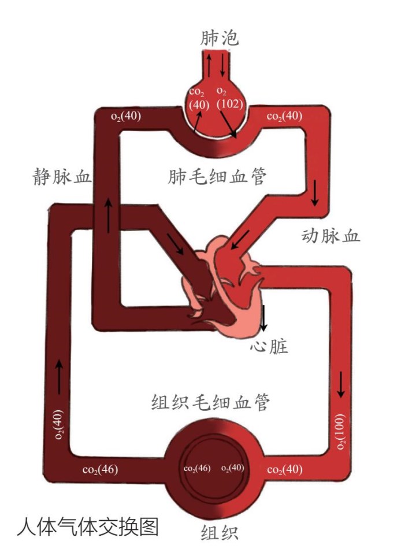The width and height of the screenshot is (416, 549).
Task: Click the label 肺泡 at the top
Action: click(x=219, y=38)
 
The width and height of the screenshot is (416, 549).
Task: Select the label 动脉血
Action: click(x=330, y=235)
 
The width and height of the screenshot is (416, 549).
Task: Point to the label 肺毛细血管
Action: click(x=218, y=176)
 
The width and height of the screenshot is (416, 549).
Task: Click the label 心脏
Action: click(x=269, y=346)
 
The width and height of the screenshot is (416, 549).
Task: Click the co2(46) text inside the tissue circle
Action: click(x=197, y=468)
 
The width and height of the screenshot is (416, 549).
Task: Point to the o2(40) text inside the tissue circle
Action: click(x=233, y=468)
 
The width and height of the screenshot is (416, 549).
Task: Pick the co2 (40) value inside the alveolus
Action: click(x=198, y=98)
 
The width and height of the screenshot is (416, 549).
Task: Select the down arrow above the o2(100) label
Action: click(x=341, y=384)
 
